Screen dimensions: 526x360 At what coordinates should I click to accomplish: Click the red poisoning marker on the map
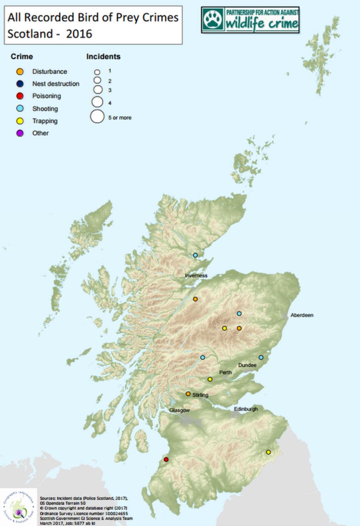pyautogui.click(x=166, y=460)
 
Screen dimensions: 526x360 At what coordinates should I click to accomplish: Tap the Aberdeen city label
pyautogui.click(x=302, y=315)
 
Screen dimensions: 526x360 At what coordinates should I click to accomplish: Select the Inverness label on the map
pyautogui.click(x=196, y=275)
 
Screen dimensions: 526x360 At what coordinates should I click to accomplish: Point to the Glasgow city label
pyautogui.click(x=180, y=410)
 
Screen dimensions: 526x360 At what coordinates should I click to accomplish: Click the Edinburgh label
pyautogui.click(x=246, y=409)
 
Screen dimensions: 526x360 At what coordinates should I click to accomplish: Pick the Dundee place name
pyautogui.click(x=247, y=365)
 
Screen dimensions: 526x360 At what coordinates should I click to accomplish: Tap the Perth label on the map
pyautogui.click(x=225, y=372)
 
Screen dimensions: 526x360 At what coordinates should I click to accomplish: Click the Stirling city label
pyautogui.click(x=200, y=395)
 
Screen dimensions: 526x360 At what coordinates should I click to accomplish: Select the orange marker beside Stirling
pyautogui.click(x=188, y=394)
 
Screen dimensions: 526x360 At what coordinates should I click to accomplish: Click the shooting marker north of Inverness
pyautogui.click(x=195, y=255)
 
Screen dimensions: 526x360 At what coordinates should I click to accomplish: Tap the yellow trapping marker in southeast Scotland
pyautogui.click(x=269, y=452)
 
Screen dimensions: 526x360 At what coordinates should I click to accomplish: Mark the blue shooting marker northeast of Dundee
pyautogui.click(x=261, y=357)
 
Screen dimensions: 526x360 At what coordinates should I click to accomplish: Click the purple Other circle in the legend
pyautogui.click(x=20, y=133)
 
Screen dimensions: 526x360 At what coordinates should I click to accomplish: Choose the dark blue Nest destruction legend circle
pyautogui.click(x=20, y=84)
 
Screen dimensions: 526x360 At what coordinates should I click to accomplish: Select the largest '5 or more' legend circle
pyautogui.click(x=97, y=116)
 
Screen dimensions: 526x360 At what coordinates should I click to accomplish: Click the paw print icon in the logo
pyautogui.click(x=213, y=20)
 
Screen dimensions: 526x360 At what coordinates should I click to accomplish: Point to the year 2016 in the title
pyautogui.click(x=79, y=34)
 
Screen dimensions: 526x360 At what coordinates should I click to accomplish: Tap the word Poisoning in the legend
pyautogui.click(x=46, y=96)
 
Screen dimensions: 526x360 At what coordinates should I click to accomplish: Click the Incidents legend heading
pyautogui.click(x=103, y=56)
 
